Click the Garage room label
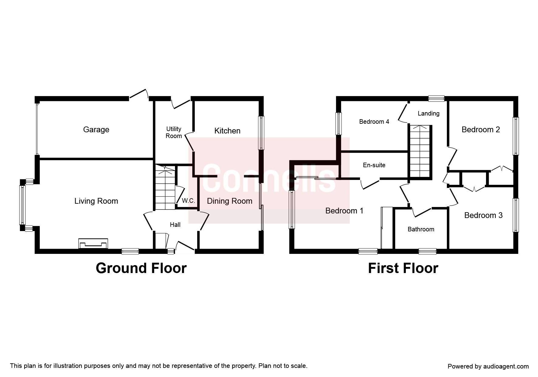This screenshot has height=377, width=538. pyautogui.click(x=96, y=130)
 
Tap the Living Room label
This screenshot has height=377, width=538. pyautogui.click(x=96, y=201)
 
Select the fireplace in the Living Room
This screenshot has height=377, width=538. pyautogui.click(x=93, y=244)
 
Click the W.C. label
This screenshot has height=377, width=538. pyautogui.click(x=188, y=201)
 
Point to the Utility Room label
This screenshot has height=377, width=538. pyautogui.click(x=174, y=133)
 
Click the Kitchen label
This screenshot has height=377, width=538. pyautogui.click(x=227, y=131)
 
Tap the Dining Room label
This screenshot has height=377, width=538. pyautogui.click(x=230, y=201)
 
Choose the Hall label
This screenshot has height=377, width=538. pyautogui.click(x=175, y=225)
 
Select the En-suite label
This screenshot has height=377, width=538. pyautogui.click(x=374, y=165)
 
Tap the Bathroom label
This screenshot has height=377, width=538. pyautogui.click(x=421, y=229)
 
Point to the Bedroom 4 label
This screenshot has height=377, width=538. pyautogui.click(x=374, y=122)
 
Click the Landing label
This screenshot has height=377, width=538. pyautogui.click(x=428, y=113)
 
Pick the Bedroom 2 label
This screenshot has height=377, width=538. pyautogui.click(x=481, y=130)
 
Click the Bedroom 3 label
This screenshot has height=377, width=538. pyautogui.click(x=483, y=215)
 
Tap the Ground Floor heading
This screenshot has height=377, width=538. pyautogui.click(x=141, y=268)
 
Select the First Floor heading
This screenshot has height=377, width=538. pyautogui.click(x=403, y=268)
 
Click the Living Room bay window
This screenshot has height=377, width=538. pyautogui.click(x=22, y=205)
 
